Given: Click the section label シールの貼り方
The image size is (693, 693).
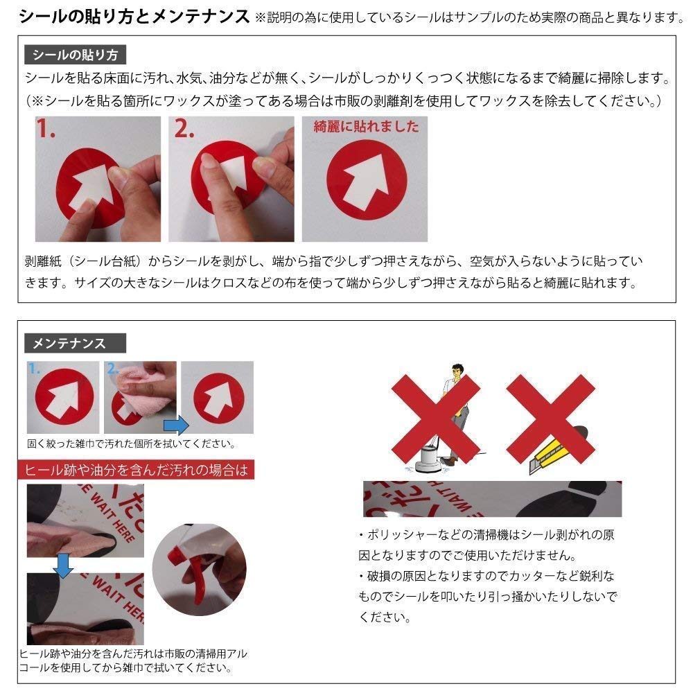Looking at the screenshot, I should click(74, 55).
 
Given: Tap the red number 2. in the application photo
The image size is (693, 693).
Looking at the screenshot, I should click(184, 130).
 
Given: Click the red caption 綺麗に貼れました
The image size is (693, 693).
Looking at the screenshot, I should click(366, 127).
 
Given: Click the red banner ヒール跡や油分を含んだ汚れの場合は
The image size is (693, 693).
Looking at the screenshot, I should click(136, 471).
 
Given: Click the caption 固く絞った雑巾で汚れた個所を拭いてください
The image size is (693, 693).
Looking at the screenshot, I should click(131, 444).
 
